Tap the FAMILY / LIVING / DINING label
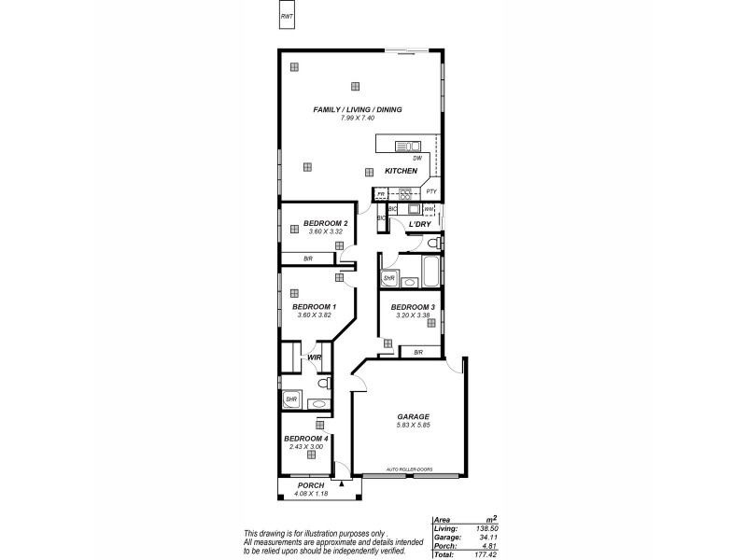coord(358,110)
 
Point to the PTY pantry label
coord(430,191)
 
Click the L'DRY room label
coord(418,225)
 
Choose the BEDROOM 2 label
coord(326,223)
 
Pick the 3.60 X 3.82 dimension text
coord(315,315)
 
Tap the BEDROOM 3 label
coord(413,307)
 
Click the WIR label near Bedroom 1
coord(315,357)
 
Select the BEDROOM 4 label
coord(305,439)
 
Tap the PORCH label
coord(310,486)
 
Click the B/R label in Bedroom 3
coord(418,352)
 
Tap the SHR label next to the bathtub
coord(389,278)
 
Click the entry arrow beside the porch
coord(343,484)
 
